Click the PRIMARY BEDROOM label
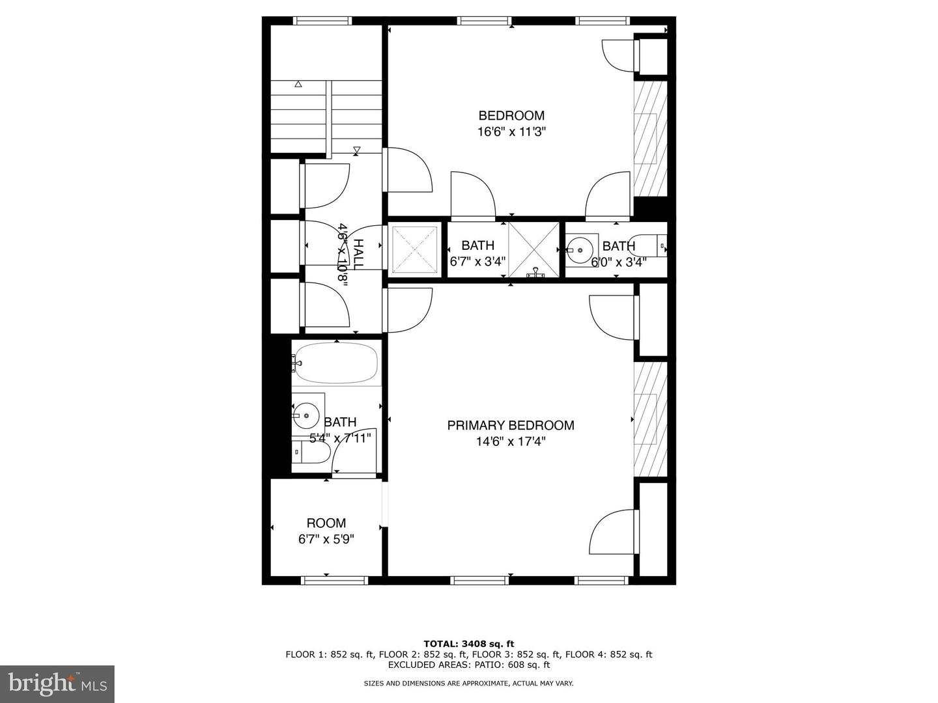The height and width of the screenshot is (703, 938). pyautogui.click(x=510, y=425)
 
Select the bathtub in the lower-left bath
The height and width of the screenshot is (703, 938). pyautogui.click(x=336, y=363)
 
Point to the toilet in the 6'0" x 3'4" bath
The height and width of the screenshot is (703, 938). pyautogui.click(x=652, y=246)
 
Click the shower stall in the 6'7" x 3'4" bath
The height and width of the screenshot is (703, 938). pyautogui.click(x=533, y=249)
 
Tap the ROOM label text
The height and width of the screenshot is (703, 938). pyautogui.click(x=326, y=523)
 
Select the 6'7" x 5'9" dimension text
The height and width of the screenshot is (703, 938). pyautogui.click(x=326, y=539)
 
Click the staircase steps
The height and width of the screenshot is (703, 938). pyautogui.click(x=326, y=117)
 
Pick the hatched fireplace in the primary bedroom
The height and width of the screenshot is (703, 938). pyautogui.click(x=650, y=419)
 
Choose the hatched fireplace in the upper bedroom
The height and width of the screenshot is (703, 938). pyautogui.click(x=650, y=139)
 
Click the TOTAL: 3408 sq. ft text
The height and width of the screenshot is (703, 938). pyautogui.click(x=468, y=644)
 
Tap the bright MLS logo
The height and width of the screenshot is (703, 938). pyautogui.click(x=57, y=683)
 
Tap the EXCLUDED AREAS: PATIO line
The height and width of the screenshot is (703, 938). pyautogui.click(x=468, y=665)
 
